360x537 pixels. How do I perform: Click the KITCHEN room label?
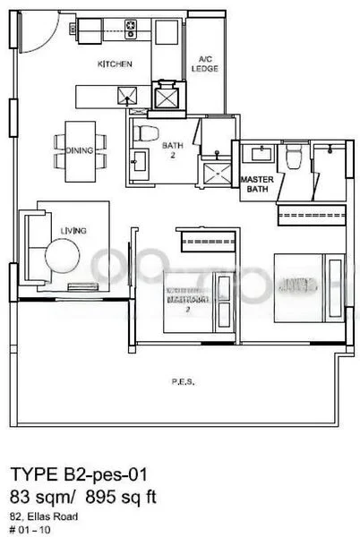pos(116,64)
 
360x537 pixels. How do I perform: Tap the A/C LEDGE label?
pos(204,64)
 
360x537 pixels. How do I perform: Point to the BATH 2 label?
pos(172,148)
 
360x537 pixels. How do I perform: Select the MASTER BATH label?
pos(256,183)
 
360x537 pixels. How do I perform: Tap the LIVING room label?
pos(73,231)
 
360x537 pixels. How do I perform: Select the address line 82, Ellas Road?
pos(45,516)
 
